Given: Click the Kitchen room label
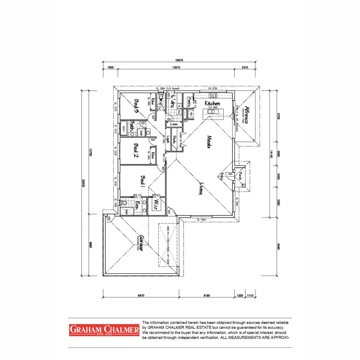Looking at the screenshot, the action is click(x=212, y=103).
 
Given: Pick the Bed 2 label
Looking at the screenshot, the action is click(x=136, y=150).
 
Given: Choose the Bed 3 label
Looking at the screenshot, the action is click(x=135, y=106).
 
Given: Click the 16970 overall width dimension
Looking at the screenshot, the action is click(x=179, y=60).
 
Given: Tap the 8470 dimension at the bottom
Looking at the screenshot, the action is click(x=141, y=295).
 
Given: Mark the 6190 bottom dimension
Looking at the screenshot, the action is click(x=207, y=295).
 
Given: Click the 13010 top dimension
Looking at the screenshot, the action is click(x=176, y=67).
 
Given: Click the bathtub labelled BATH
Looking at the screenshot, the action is click(x=123, y=129).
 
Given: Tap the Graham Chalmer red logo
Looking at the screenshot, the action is click(x=104, y=330).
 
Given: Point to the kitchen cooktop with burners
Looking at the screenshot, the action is click(x=213, y=95).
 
